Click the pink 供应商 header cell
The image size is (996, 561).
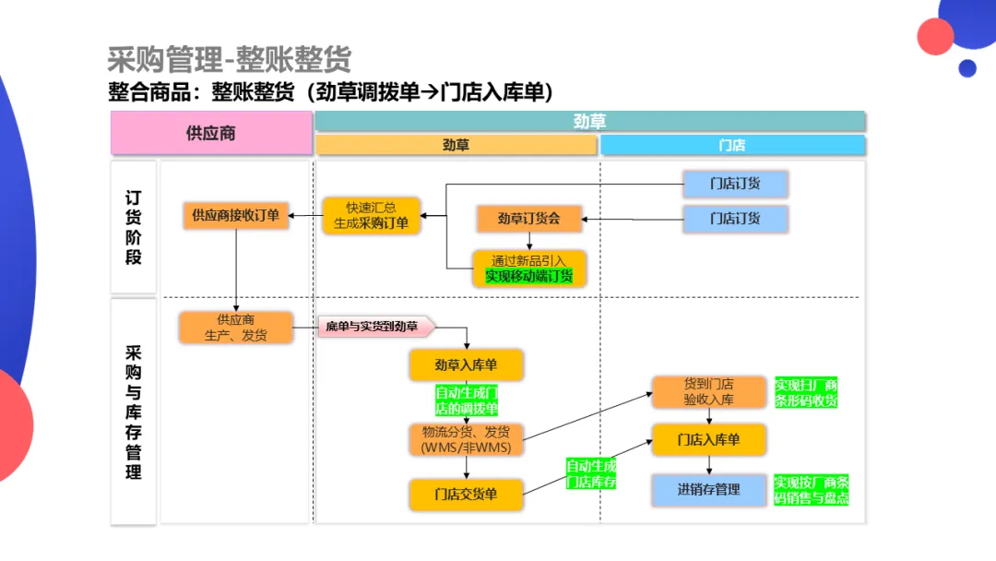[x=211, y=133]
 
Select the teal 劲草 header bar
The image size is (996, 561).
[x=590, y=121]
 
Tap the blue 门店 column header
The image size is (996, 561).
[x=732, y=145]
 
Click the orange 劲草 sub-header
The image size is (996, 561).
[x=456, y=145]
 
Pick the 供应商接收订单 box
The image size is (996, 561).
[x=236, y=215]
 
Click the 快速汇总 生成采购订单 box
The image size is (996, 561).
[x=371, y=215]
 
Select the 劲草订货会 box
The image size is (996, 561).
[x=529, y=219]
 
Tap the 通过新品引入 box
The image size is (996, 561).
[x=529, y=269]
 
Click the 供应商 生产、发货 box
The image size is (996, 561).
[x=236, y=328]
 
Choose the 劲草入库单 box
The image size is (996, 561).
[x=467, y=365]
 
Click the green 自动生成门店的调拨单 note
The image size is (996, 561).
[x=467, y=400]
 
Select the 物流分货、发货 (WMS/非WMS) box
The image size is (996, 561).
[x=467, y=439]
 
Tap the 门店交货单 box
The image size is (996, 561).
[x=467, y=495]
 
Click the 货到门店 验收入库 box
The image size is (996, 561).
[x=709, y=391]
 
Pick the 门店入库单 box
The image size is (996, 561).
[x=709, y=439]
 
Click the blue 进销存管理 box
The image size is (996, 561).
[x=709, y=489]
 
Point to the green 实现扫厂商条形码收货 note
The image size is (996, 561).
[x=806, y=392]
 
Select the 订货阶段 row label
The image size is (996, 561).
[x=134, y=227]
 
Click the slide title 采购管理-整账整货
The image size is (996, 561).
[x=229, y=60]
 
